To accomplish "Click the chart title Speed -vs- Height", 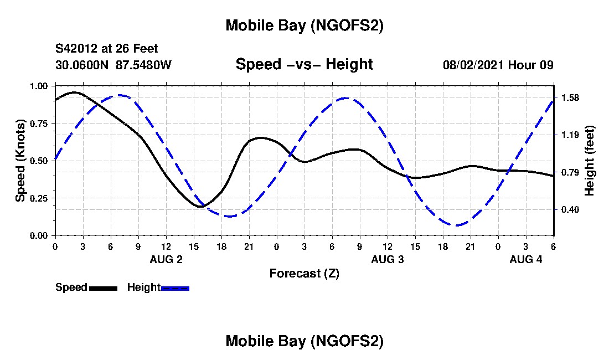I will (x=304, y=64).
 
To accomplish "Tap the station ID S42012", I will (x=79, y=49).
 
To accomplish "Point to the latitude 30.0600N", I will (x=82, y=65).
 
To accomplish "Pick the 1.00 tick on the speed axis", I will (x=42, y=86).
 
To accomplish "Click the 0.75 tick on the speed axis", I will (x=42, y=124).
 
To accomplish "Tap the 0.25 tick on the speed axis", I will (x=42, y=198).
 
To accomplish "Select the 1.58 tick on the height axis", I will (x=570, y=98).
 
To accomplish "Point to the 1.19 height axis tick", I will (x=570, y=135).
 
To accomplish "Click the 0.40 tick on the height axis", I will (x=570, y=209).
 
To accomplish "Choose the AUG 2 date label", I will (x=166, y=259).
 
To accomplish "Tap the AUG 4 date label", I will (x=526, y=259).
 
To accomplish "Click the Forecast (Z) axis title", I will (x=304, y=274).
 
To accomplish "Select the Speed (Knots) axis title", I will (x=20, y=161).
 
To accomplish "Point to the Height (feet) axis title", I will (x=589, y=161).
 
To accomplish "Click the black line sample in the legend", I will (x=103, y=288).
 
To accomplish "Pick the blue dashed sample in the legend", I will (x=175, y=288).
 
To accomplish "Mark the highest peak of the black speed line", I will (x=74, y=92).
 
